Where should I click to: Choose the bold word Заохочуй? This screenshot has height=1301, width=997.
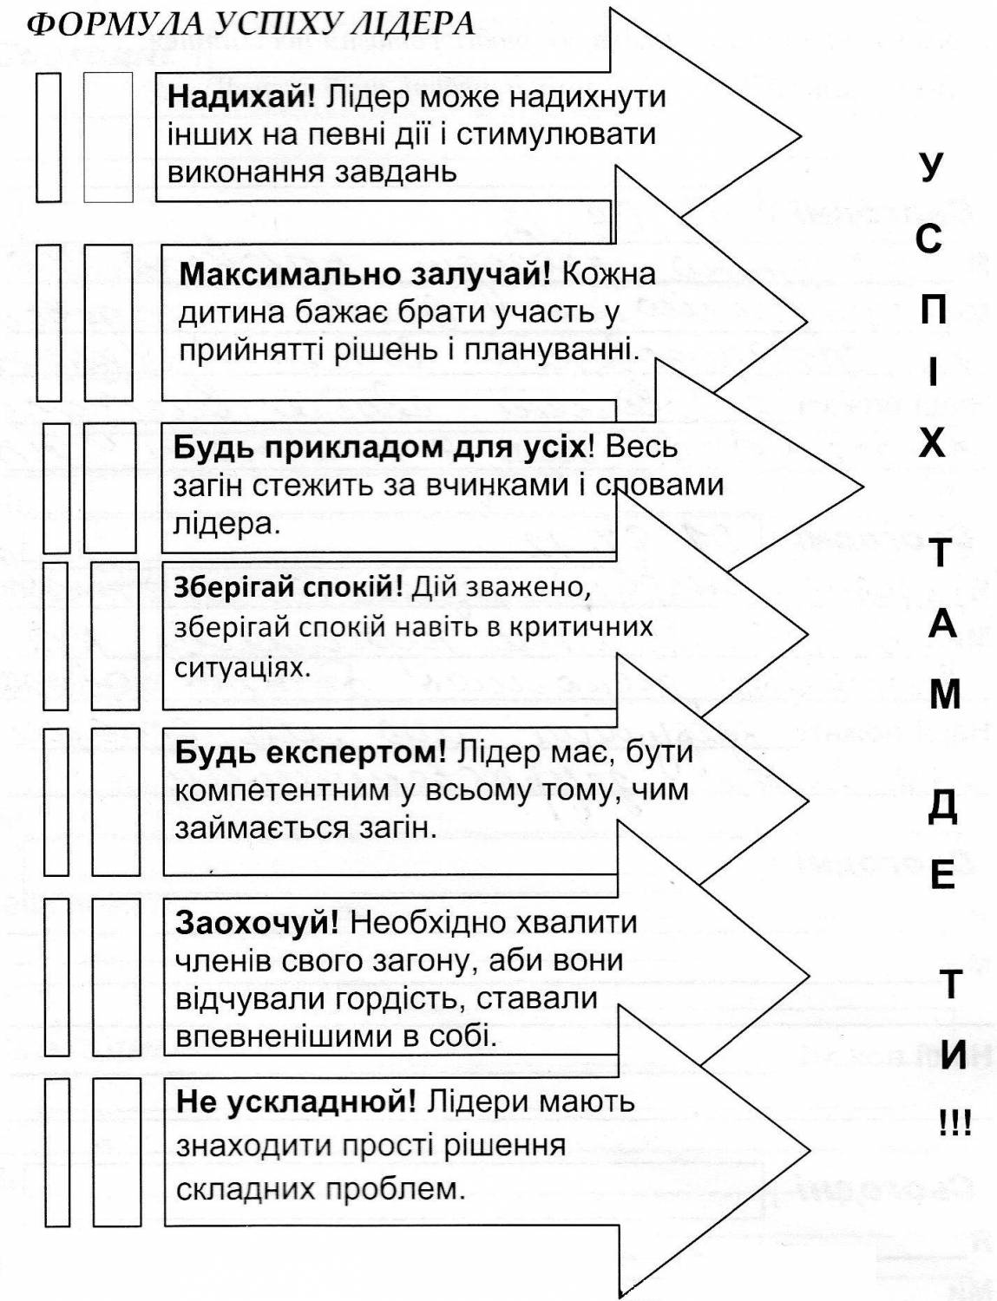coord(257,923)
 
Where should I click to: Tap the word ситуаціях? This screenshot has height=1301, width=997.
coord(242,667)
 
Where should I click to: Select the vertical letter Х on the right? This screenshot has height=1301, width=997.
coord(932,445)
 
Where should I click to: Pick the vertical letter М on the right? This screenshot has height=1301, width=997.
coord(945,696)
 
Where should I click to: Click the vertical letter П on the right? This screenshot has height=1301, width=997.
coord(934,311)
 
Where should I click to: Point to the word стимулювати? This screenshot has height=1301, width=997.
coord(556,135)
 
